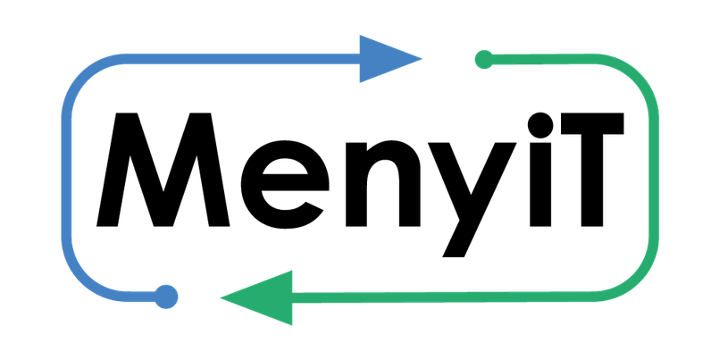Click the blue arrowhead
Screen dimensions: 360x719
tap(384, 59)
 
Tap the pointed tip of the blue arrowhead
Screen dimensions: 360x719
tap(421, 59)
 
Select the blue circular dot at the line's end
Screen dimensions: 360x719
tap(166, 296)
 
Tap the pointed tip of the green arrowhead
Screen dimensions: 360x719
tap(222, 297)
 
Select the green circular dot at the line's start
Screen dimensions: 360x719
tap(483, 60)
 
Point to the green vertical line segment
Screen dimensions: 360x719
tap(654, 179)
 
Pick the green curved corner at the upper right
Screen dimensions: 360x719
tap(638, 75)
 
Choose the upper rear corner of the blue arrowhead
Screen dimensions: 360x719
tap(360, 35)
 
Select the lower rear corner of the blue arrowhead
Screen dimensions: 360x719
tap(360, 83)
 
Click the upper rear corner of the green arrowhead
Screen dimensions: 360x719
tap(292, 270)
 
